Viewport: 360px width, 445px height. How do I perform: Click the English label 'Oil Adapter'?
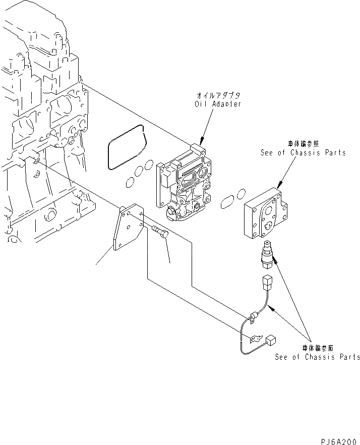pos(218,104)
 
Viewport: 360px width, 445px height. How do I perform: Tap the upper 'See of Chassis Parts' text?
pos(303,152)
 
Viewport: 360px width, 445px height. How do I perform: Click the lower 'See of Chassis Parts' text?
pos(318,357)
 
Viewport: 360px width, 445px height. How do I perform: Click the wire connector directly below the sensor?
pos(268,281)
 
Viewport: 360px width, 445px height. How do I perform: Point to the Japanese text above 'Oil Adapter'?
pos(218,95)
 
